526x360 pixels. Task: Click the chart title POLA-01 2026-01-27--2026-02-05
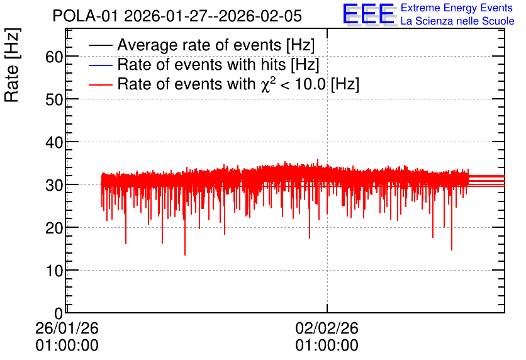tap(177, 16)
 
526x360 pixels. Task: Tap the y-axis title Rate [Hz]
tap(12, 65)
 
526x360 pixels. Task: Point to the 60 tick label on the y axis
tap(54, 57)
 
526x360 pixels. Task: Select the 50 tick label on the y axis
tap(54, 99)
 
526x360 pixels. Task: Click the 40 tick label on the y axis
tap(54, 143)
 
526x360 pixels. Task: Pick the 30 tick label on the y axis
tap(54, 185)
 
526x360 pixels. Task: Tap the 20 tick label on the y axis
tap(54, 228)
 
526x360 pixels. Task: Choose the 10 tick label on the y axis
tap(54, 271)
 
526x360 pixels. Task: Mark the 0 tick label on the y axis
tap(59, 313)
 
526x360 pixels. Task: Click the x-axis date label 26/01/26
tap(67, 328)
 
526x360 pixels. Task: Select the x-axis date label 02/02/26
tap(327, 328)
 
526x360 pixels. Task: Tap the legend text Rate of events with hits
tap(201, 64)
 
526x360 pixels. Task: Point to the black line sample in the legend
tap(100, 45)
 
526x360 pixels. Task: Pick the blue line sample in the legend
tap(100, 65)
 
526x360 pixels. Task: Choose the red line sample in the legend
tap(100, 84)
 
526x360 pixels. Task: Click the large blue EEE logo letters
tap(369, 14)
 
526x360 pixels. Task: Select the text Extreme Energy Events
tap(457, 8)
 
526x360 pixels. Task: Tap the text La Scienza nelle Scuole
tap(457, 21)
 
